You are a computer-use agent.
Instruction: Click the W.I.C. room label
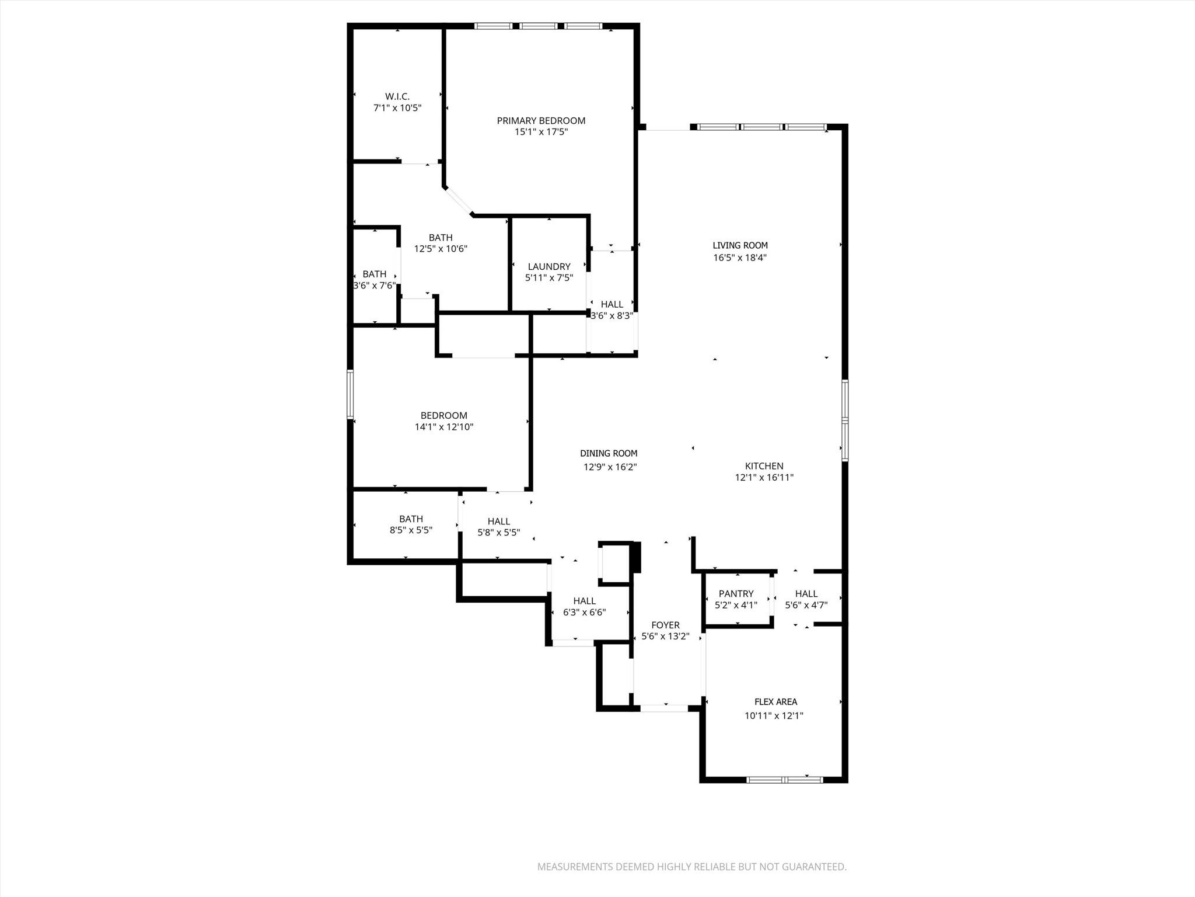coord(397,96)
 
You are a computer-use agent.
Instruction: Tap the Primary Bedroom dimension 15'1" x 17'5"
coord(541,132)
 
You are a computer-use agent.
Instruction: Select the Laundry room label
coord(549,267)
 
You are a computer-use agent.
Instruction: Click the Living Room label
coord(740,246)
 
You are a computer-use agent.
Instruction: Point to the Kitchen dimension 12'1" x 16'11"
coord(764,477)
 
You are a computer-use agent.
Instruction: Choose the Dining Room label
coord(609,453)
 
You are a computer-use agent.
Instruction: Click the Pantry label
coord(736,593)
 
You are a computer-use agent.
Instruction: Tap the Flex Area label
coord(775,702)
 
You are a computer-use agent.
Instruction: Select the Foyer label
coord(665,625)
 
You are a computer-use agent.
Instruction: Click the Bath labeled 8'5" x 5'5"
coord(411,519)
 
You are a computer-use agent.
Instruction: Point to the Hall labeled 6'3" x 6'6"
coord(584,601)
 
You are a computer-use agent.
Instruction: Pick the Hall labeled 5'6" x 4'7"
coord(806,594)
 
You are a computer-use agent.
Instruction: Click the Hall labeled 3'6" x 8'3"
coord(612,304)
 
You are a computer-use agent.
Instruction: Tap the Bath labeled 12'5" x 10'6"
coord(441,238)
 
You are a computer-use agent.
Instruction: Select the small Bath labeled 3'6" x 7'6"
coord(374,274)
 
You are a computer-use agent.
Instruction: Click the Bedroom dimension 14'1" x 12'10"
coord(443,427)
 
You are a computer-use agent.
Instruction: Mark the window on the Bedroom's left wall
coord(350,394)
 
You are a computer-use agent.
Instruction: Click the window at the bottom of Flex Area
coord(785,780)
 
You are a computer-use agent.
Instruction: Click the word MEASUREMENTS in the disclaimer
coord(574,867)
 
